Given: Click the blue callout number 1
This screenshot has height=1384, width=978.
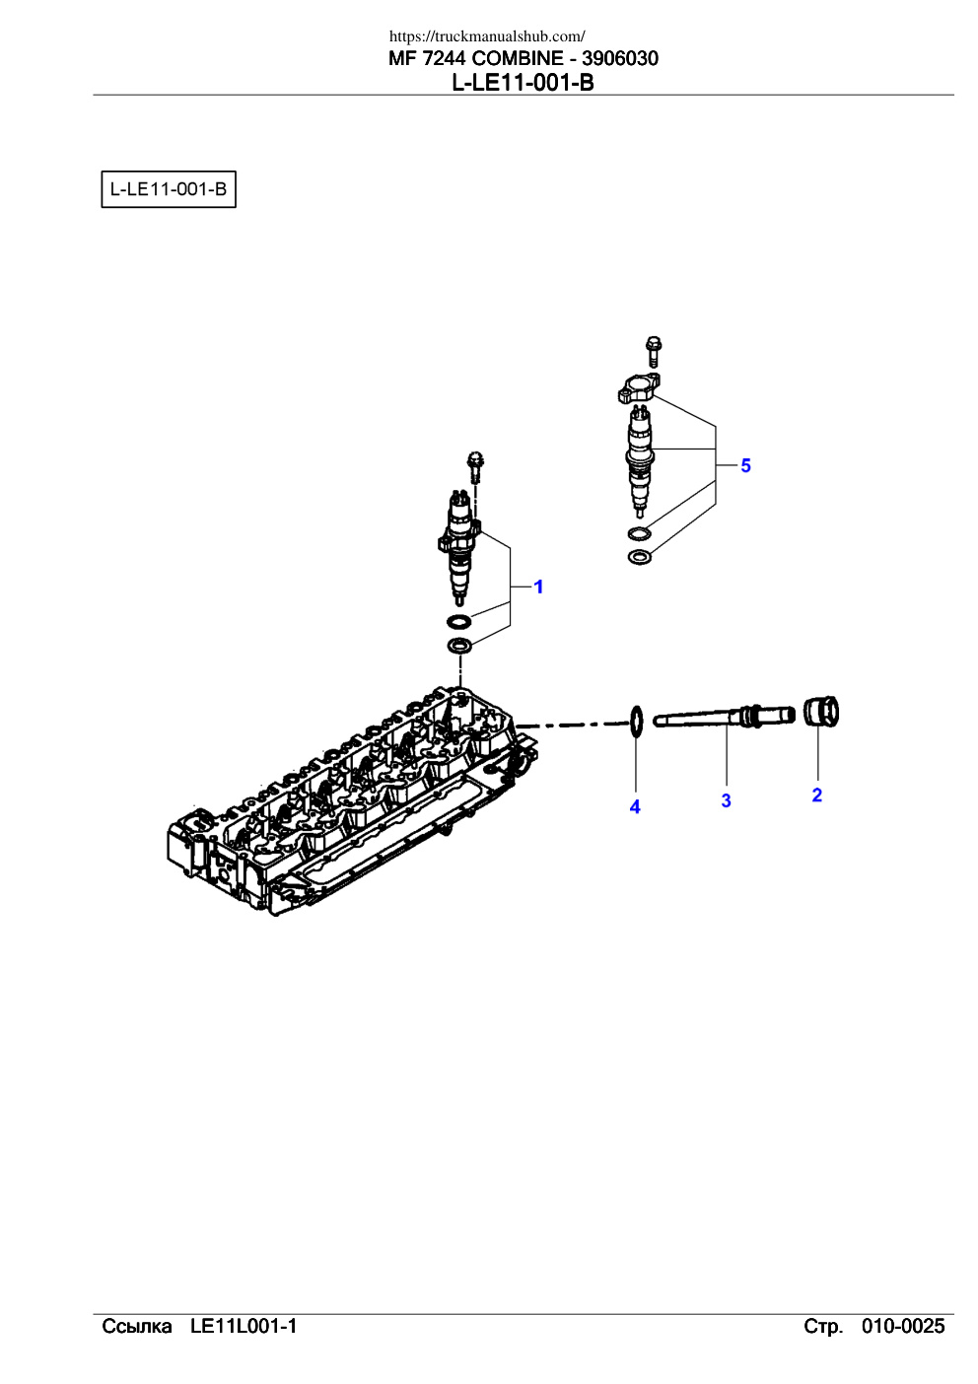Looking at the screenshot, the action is [538, 587].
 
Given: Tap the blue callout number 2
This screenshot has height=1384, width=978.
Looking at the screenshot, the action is [816, 795].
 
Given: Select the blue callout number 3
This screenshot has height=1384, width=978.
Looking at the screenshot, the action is [726, 800].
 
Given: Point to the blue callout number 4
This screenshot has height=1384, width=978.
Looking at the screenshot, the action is [635, 807].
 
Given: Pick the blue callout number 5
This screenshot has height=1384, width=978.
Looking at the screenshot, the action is [745, 466].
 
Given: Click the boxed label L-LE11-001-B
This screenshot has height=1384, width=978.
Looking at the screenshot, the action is [169, 189].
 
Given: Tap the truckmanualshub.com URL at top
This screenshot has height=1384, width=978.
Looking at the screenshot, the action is [487, 36].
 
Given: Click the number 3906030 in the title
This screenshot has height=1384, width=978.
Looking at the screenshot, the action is [620, 59].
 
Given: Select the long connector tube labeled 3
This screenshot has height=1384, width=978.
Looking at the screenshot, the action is [724, 718].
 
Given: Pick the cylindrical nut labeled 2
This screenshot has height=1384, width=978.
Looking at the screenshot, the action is [821, 711].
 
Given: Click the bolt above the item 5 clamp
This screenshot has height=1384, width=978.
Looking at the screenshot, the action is [653, 351].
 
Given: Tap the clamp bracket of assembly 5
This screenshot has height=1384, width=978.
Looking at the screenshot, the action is [639, 388].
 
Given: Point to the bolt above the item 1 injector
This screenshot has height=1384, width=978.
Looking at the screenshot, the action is [475, 467].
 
